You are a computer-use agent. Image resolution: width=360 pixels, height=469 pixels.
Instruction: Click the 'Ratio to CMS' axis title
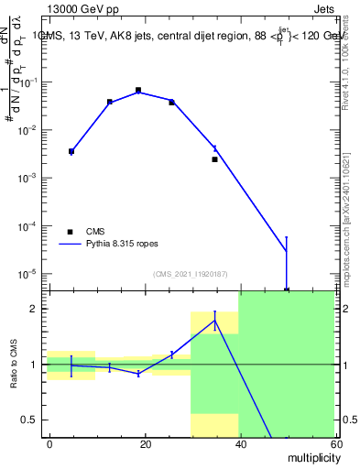16,364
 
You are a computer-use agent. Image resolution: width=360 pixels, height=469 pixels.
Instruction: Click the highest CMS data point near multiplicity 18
138,91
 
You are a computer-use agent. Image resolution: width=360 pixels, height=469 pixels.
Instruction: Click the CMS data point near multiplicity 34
214,159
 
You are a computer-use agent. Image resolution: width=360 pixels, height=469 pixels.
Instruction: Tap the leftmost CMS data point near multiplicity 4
71,151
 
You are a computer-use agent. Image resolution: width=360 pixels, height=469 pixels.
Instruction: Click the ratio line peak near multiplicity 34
214,321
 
